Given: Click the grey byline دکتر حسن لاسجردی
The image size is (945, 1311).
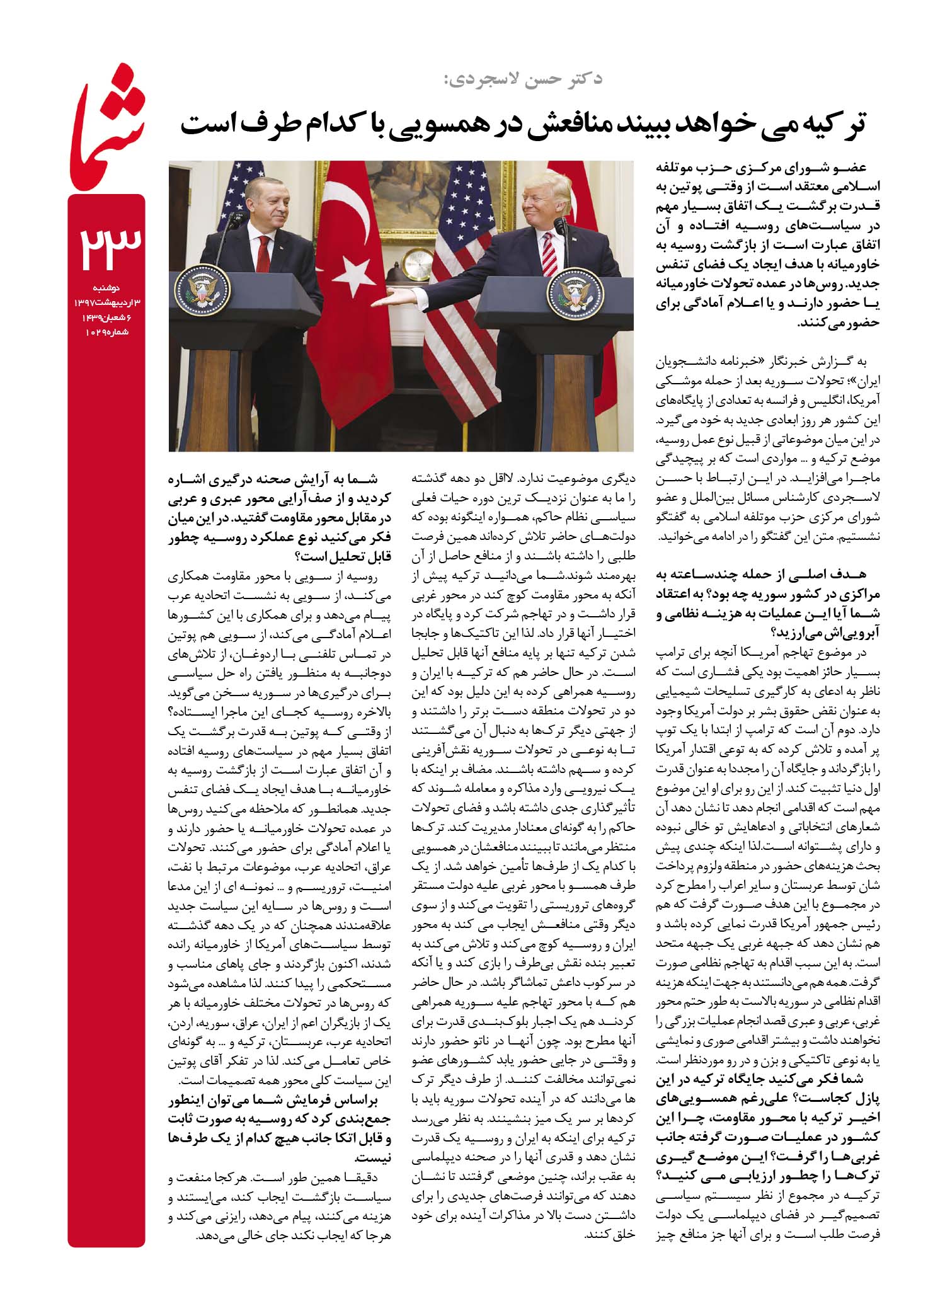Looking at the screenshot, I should click(x=520, y=79).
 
